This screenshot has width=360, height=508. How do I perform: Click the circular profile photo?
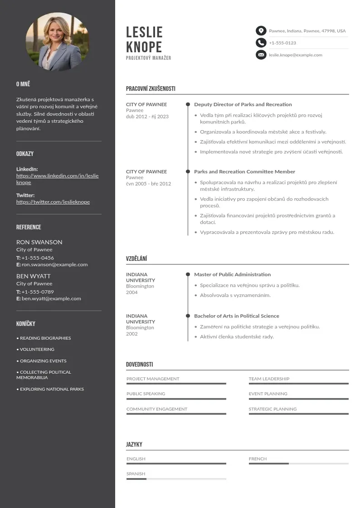[x=58, y=42]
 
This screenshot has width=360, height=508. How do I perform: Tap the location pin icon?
[x=261, y=31]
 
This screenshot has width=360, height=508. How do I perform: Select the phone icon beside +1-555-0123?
[x=261, y=43]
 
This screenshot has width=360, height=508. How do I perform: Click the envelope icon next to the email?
[x=261, y=55]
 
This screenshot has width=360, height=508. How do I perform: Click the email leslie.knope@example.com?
[x=295, y=55]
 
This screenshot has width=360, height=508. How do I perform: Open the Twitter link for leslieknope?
[x=53, y=202]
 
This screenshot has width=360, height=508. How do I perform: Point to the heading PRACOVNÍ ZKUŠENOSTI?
[x=151, y=89]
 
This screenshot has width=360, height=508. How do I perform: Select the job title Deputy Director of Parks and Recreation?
[x=243, y=104]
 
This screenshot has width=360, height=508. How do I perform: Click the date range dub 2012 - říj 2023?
[x=147, y=117]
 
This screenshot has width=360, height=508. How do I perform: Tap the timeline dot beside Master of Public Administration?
[x=188, y=274]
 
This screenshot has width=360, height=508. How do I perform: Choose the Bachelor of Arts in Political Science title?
[x=236, y=316]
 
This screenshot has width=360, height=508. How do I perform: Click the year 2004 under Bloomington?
[x=131, y=293]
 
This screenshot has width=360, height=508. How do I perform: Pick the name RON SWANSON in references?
[x=39, y=242]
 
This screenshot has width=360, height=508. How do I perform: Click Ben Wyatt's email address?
[x=51, y=298]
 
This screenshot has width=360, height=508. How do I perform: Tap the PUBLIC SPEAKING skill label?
[x=146, y=394]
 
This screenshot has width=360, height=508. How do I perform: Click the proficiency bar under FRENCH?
[x=298, y=464]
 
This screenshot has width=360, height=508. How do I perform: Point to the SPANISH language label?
[x=136, y=474]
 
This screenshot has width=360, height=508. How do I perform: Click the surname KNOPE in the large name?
[x=144, y=47]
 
